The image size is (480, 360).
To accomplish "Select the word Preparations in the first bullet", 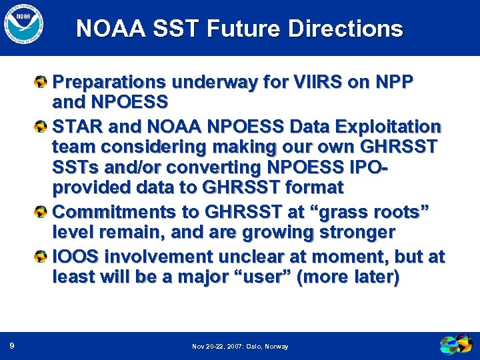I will coord(109,82).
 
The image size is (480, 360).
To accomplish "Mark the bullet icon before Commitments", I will coord(41,211).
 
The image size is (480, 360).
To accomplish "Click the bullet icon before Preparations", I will coord(41,82).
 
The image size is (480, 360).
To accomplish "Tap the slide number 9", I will coord(13,345).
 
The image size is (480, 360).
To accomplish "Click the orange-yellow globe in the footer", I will coord(450,345).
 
